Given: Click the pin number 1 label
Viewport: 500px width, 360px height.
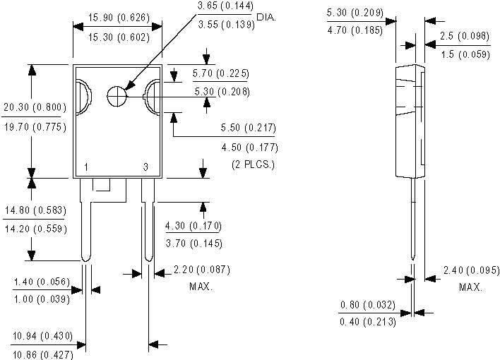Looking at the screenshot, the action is (x=86, y=167).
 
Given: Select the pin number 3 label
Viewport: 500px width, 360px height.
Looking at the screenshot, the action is (x=145, y=167).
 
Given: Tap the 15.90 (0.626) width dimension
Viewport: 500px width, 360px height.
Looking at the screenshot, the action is (x=119, y=17).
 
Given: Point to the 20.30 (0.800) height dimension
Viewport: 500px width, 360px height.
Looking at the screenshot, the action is (x=35, y=107).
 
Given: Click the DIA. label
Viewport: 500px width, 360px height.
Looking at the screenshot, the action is (x=266, y=17).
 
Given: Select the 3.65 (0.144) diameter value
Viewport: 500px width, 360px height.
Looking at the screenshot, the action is (x=225, y=6).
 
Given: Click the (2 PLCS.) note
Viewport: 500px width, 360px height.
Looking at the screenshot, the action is (x=253, y=164).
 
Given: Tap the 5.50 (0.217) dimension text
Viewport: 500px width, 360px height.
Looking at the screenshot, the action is (x=249, y=128).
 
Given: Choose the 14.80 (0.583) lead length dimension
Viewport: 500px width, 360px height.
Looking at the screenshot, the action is (x=35, y=210).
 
